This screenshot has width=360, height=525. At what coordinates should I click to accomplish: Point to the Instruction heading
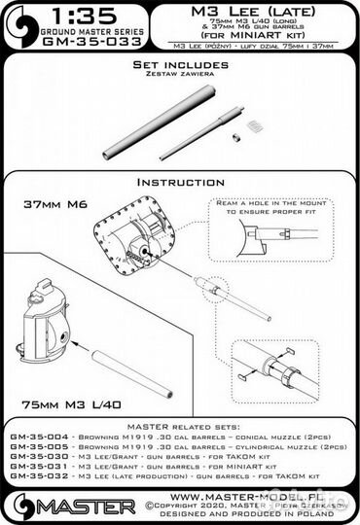(x=180, y=182)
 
